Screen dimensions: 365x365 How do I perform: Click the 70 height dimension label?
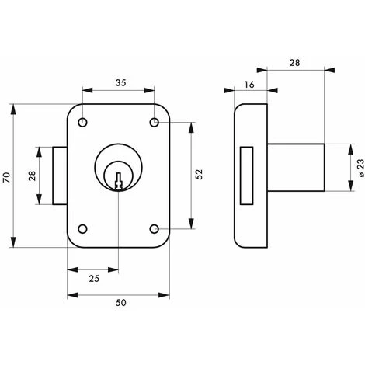pos(7,178)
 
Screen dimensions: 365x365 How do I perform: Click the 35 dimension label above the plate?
pos(120,83)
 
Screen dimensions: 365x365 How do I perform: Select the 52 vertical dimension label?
pos(199,174)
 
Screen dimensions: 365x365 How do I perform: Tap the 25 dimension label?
pos(94,279)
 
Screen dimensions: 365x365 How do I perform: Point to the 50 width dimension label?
pos(120,303)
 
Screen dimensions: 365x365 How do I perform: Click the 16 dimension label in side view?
pos(249,85)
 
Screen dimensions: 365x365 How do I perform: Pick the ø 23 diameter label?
pos(361,168)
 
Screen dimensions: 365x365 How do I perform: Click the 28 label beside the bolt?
pos(33,176)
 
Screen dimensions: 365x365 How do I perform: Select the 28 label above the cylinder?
pos(294,63)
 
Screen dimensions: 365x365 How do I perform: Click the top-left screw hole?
pos(82,123)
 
